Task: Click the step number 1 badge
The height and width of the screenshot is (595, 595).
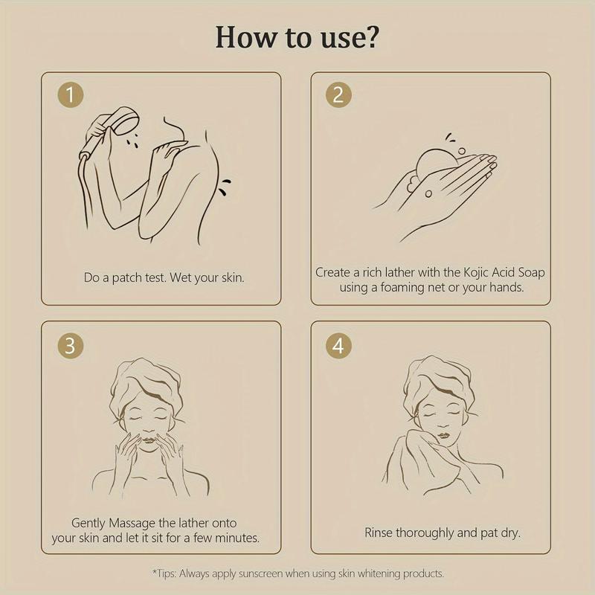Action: point(70,95)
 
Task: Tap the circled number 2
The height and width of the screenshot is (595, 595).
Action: point(338,95)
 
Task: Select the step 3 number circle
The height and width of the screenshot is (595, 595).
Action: point(70,346)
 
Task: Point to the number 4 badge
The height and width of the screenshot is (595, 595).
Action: point(338,346)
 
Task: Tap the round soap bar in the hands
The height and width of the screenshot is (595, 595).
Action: point(437,164)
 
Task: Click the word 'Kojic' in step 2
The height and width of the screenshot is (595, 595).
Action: point(476,272)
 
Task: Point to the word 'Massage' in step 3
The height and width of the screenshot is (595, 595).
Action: point(132,523)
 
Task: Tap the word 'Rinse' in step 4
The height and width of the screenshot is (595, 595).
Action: point(379,533)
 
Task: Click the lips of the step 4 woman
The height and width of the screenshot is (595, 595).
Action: point(443,435)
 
